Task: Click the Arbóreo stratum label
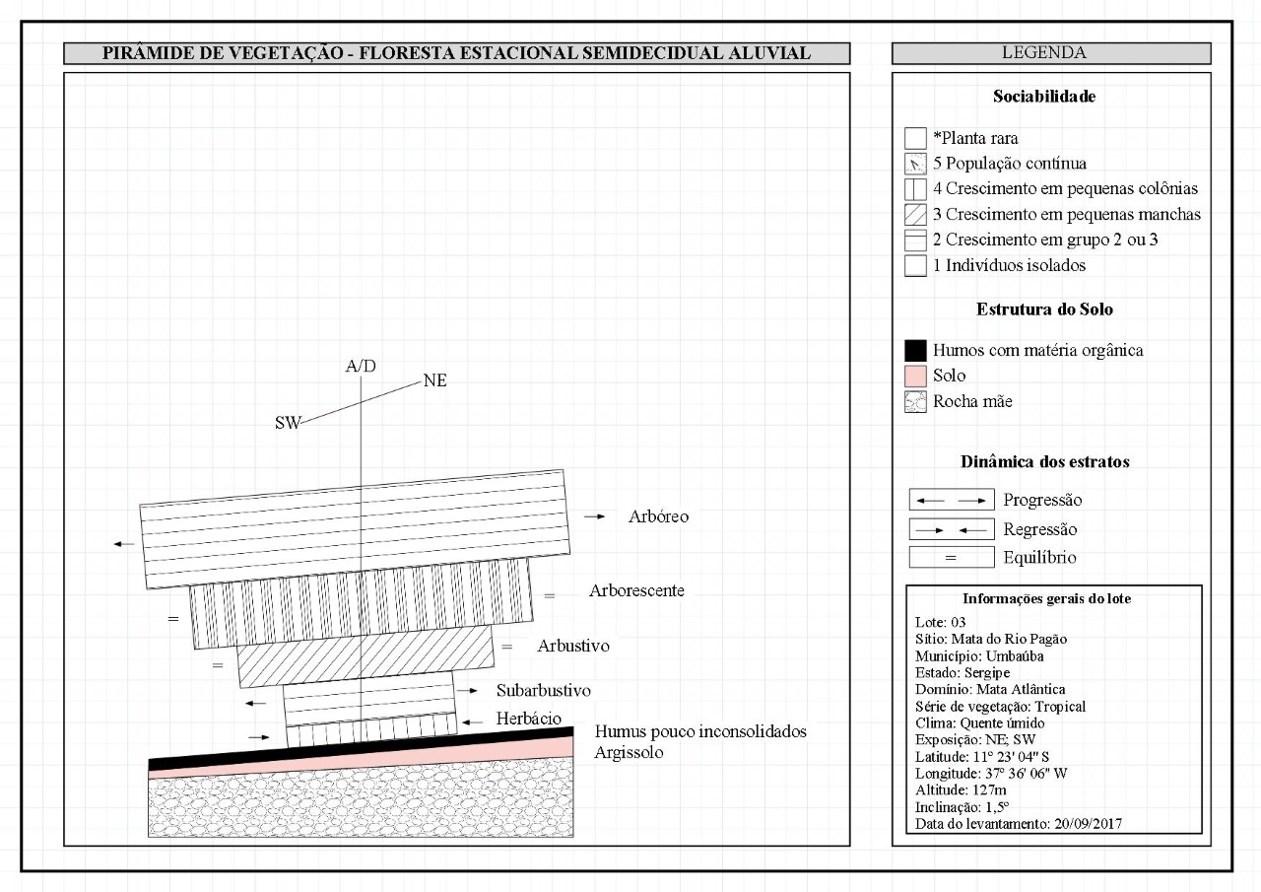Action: [658, 516]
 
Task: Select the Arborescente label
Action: [636, 591]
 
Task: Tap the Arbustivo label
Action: [573, 647]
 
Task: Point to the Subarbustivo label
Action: [544, 690]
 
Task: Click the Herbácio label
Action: [529, 720]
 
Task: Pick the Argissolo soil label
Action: [630, 752]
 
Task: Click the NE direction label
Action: [434, 380]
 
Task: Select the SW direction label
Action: [288, 423]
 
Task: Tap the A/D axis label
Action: [361, 367]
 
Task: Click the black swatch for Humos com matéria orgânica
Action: [915, 350]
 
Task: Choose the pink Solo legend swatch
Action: [915, 376]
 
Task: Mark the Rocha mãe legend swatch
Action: [915, 401]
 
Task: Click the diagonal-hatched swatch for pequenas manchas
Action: [915, 215]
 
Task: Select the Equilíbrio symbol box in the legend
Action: [951, 558]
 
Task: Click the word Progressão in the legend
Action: [1042, 500]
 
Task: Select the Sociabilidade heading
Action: [1044, 97]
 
